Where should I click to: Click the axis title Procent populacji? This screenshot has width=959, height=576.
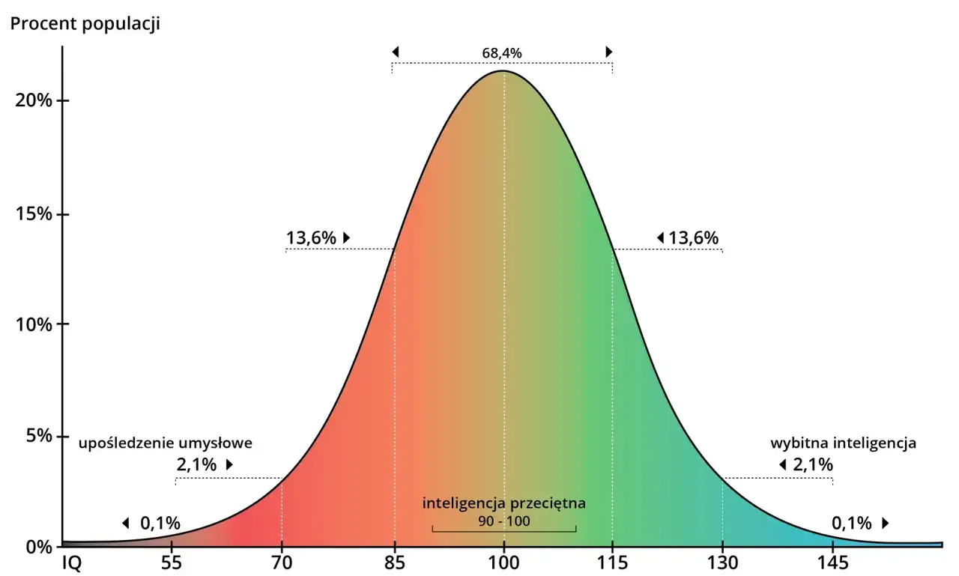click(x=85, y=24)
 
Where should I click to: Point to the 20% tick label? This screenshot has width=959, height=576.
click(x=34, y=101)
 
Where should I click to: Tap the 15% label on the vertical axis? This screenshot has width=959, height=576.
click(x=34, y=213)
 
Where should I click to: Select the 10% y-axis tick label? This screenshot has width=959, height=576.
click(x=34, y=325)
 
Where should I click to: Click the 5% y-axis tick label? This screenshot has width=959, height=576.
click(x=38, y=436)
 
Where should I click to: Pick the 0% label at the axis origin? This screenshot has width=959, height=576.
click(x=38, y=548)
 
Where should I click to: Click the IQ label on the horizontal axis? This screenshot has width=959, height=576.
click(x=72, y=563)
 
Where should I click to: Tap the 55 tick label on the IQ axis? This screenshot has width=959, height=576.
click(x=172, y=563)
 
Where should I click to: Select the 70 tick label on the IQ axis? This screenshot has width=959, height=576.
click(x=282, y=563)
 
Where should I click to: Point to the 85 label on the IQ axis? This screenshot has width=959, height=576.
click(x=394, y=563)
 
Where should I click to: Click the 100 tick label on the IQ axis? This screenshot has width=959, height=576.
click(x=504, y=563)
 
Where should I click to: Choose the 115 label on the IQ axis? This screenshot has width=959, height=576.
click(x=613, y=563)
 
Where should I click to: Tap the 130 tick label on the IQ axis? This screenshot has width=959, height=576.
click(x=723, y=563)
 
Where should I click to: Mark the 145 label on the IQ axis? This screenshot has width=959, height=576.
click(x=832, y=563)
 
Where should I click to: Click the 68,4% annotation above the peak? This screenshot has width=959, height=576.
click(x=502, y=53)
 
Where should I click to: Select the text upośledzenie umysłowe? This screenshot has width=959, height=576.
click(x=166, y=443)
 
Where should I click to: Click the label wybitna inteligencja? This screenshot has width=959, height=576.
click(x=844, y=443)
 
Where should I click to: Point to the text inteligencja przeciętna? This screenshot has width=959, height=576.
click(x=504, y=503)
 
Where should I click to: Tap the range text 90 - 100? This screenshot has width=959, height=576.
click(x=504, y=521)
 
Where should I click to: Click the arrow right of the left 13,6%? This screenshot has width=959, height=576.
click(x=347, y=237)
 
